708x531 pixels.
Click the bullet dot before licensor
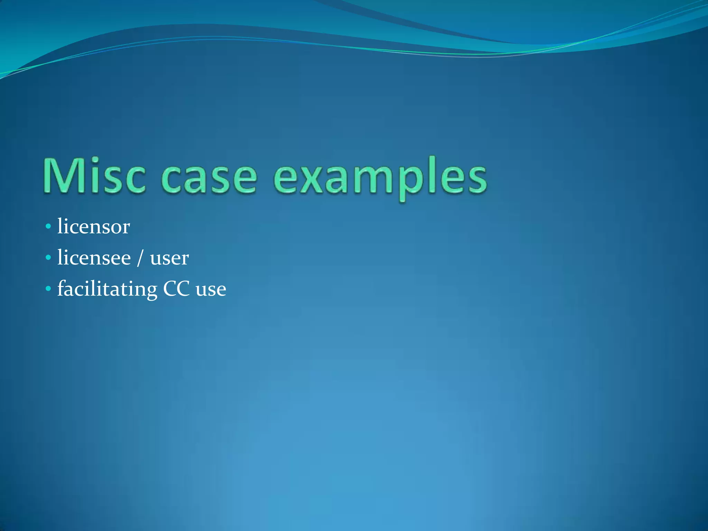pos(48,227)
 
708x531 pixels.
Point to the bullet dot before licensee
pos(48,258)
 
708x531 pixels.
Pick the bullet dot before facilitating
pos(48,289)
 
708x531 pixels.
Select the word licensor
pos(93,227)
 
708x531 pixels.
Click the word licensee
pos(94,258)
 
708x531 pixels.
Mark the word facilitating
pos(107,289)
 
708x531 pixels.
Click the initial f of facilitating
pos(62,288)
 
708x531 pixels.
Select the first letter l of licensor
pos(60,226)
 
